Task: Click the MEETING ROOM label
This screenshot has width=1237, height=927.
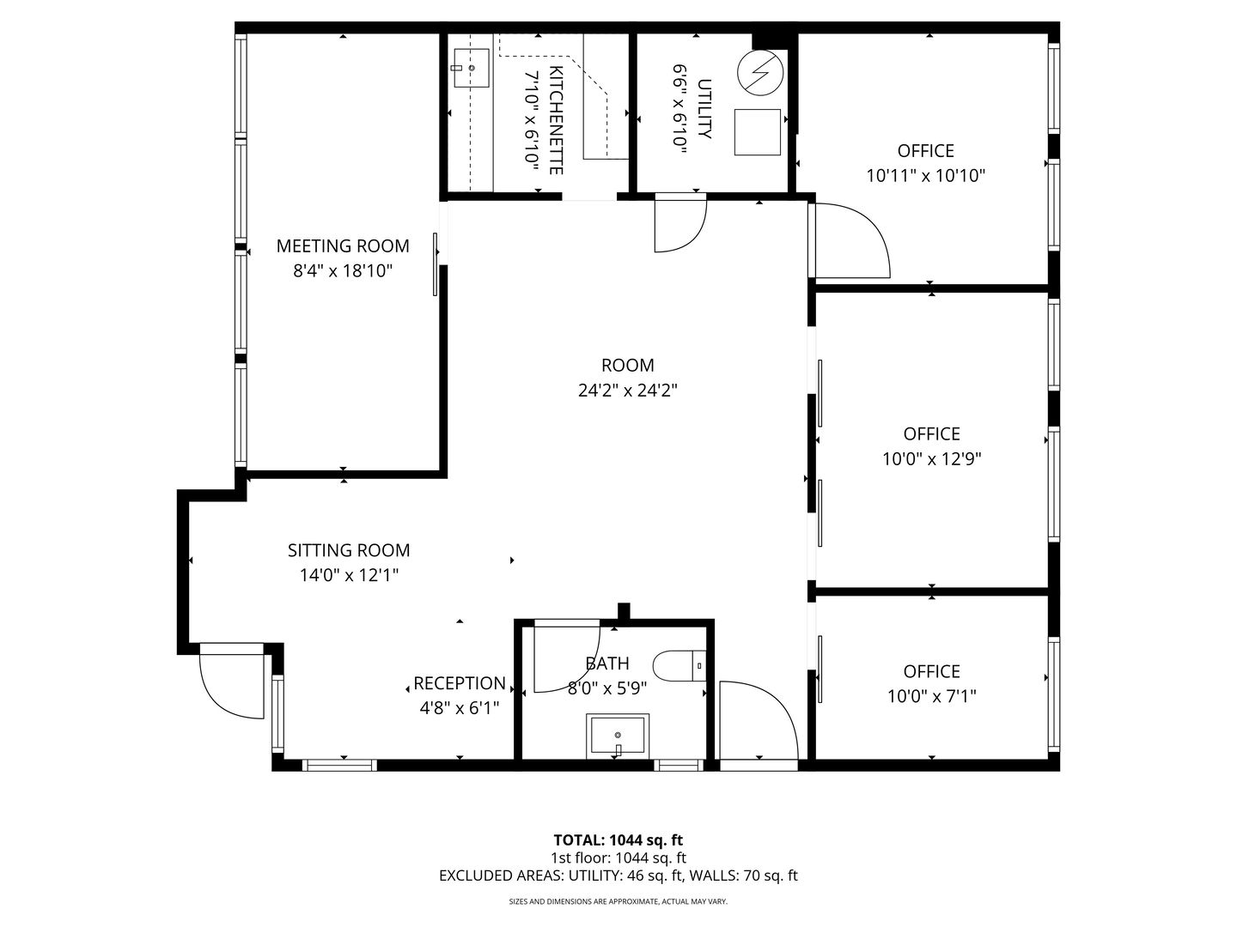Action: coord(343,246)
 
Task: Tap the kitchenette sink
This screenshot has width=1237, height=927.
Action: coord(471,68)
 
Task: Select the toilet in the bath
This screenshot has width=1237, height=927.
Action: coord(679,665)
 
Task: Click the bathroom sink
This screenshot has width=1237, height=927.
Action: coord(618,736)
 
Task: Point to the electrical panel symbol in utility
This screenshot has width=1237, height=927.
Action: coord(760,72)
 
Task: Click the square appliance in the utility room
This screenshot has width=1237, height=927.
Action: coord(758,132)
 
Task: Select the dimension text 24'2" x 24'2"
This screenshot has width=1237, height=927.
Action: coord(628,391)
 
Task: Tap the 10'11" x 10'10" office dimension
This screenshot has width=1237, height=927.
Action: coord(925,176)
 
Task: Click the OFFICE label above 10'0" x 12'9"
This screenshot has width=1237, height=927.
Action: coord(931,434)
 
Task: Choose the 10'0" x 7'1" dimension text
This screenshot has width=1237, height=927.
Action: coord(931,696)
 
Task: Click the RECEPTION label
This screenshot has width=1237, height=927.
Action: coord(460,684)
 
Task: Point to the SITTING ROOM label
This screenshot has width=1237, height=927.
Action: coord(349,551)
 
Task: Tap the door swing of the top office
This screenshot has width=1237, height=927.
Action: coord(850,242)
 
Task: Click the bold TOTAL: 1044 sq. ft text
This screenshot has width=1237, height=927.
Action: coord(618,840)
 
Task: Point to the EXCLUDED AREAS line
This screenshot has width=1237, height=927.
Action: coord(618,875)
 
